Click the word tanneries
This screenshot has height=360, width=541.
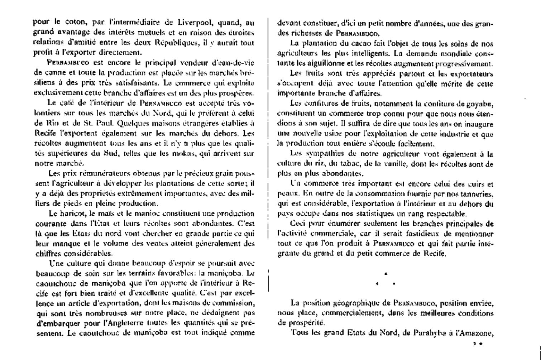[x=475, y=194]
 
